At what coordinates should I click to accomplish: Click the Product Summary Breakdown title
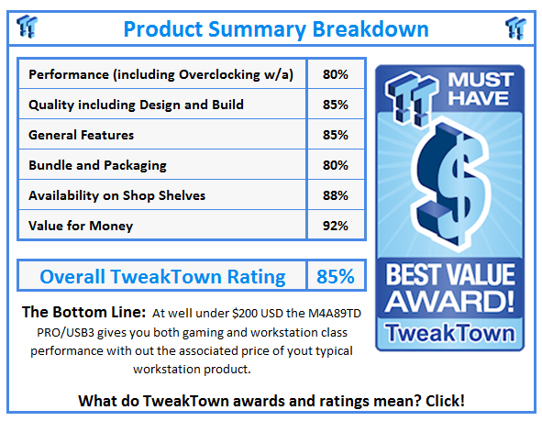click(275, 28)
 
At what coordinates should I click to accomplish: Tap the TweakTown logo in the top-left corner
click(27, 27)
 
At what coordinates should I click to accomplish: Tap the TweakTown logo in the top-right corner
click(515, 27)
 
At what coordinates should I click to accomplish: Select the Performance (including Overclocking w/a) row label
click(160, 74)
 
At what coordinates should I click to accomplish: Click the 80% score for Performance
click(335, 74)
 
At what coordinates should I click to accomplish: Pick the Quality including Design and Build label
click(136, 105)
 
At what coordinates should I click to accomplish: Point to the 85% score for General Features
click(335, 135)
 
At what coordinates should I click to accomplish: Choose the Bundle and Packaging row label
click(97, 165)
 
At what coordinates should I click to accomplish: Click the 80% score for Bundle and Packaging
click(335, 165)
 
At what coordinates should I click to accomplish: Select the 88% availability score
click(335, 195)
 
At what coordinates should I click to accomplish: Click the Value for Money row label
click(81, 226)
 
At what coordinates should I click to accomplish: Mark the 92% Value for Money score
click(335, 226)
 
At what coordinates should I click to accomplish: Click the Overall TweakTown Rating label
click(162, 276)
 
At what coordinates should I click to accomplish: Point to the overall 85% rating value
click(335, 276)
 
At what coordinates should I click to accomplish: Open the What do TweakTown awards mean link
click(271, 400)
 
